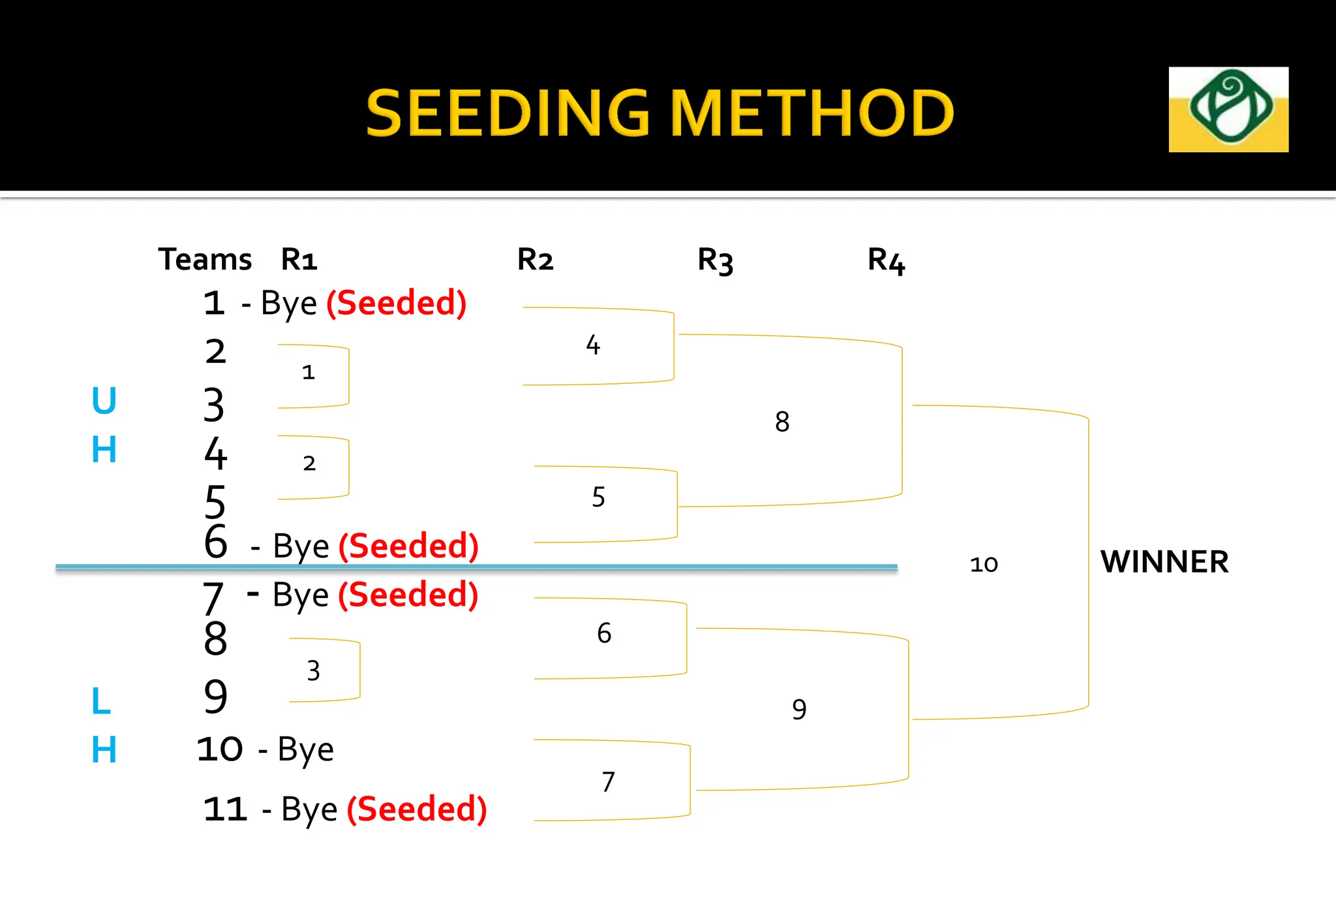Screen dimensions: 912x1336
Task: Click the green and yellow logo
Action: tap(1228, 109)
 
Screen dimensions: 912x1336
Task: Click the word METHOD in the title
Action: tap(812, 114)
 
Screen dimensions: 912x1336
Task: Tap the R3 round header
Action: tap(715, 260)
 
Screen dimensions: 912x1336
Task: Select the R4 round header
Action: tap(885, 260)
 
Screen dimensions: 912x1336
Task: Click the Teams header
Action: tap(205, 259)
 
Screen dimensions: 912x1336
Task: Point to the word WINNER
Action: tap(1164, 561)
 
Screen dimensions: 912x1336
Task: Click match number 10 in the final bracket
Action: tap(984, 564)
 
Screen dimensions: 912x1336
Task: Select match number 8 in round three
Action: tap(782, 422)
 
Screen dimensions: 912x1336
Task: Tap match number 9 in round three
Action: tap(799, 709)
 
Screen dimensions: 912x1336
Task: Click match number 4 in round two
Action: tap(592, 345)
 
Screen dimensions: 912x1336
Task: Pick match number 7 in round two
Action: tap(608, 781)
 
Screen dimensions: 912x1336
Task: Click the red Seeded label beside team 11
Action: tap(417, 809)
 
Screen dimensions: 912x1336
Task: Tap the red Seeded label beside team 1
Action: tap(397, 303)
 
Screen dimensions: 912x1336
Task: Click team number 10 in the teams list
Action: tap(220, 749)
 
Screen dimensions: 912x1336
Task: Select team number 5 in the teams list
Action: tap(215, 501)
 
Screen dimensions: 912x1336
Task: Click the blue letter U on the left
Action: tap(104, 400)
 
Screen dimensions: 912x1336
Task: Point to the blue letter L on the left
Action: tap(101, 701)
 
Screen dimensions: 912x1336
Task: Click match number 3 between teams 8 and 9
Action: tap(313, 670)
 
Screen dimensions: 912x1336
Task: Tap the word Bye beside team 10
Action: tap(305, 749)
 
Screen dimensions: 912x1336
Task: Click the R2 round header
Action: tap(535, 259)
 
